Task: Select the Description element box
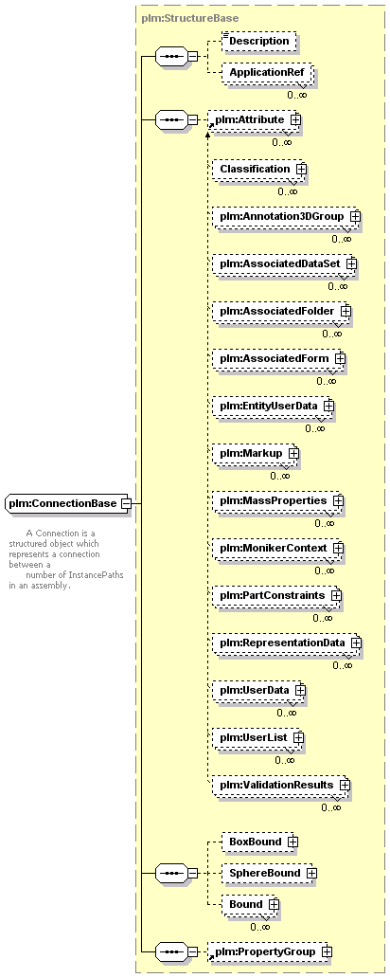click(258, 41)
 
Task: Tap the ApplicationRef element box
click(267, 72)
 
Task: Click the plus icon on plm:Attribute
click(295, 118)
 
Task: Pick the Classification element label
click(255, 169)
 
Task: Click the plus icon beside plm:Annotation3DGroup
click(355, 216)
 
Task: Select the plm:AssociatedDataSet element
click(284, 263)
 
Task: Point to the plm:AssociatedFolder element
click(281, 311)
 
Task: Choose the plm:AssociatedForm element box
click(278, 358)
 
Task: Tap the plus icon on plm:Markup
click(292, 453)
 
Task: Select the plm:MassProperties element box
click(278, 500)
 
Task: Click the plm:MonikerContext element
click(278, 548)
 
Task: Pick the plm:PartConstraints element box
click(276, 596)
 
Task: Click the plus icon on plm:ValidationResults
click(344, 785)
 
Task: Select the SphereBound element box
click(269, 873)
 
